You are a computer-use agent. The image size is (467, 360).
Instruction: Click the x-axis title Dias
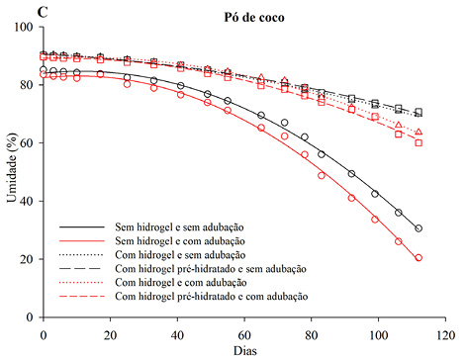click(244, 349)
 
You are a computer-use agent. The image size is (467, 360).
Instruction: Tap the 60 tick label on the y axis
click(29, 143)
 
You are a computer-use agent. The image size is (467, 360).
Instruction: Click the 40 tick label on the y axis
click(29, 202)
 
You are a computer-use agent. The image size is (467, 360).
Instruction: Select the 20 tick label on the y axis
click(29, 260)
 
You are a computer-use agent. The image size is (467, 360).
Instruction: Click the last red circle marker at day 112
click(419, 257)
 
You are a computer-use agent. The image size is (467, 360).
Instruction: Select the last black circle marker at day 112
click(419, 228)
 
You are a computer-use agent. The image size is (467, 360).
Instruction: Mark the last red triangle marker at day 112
click(419, 132)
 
